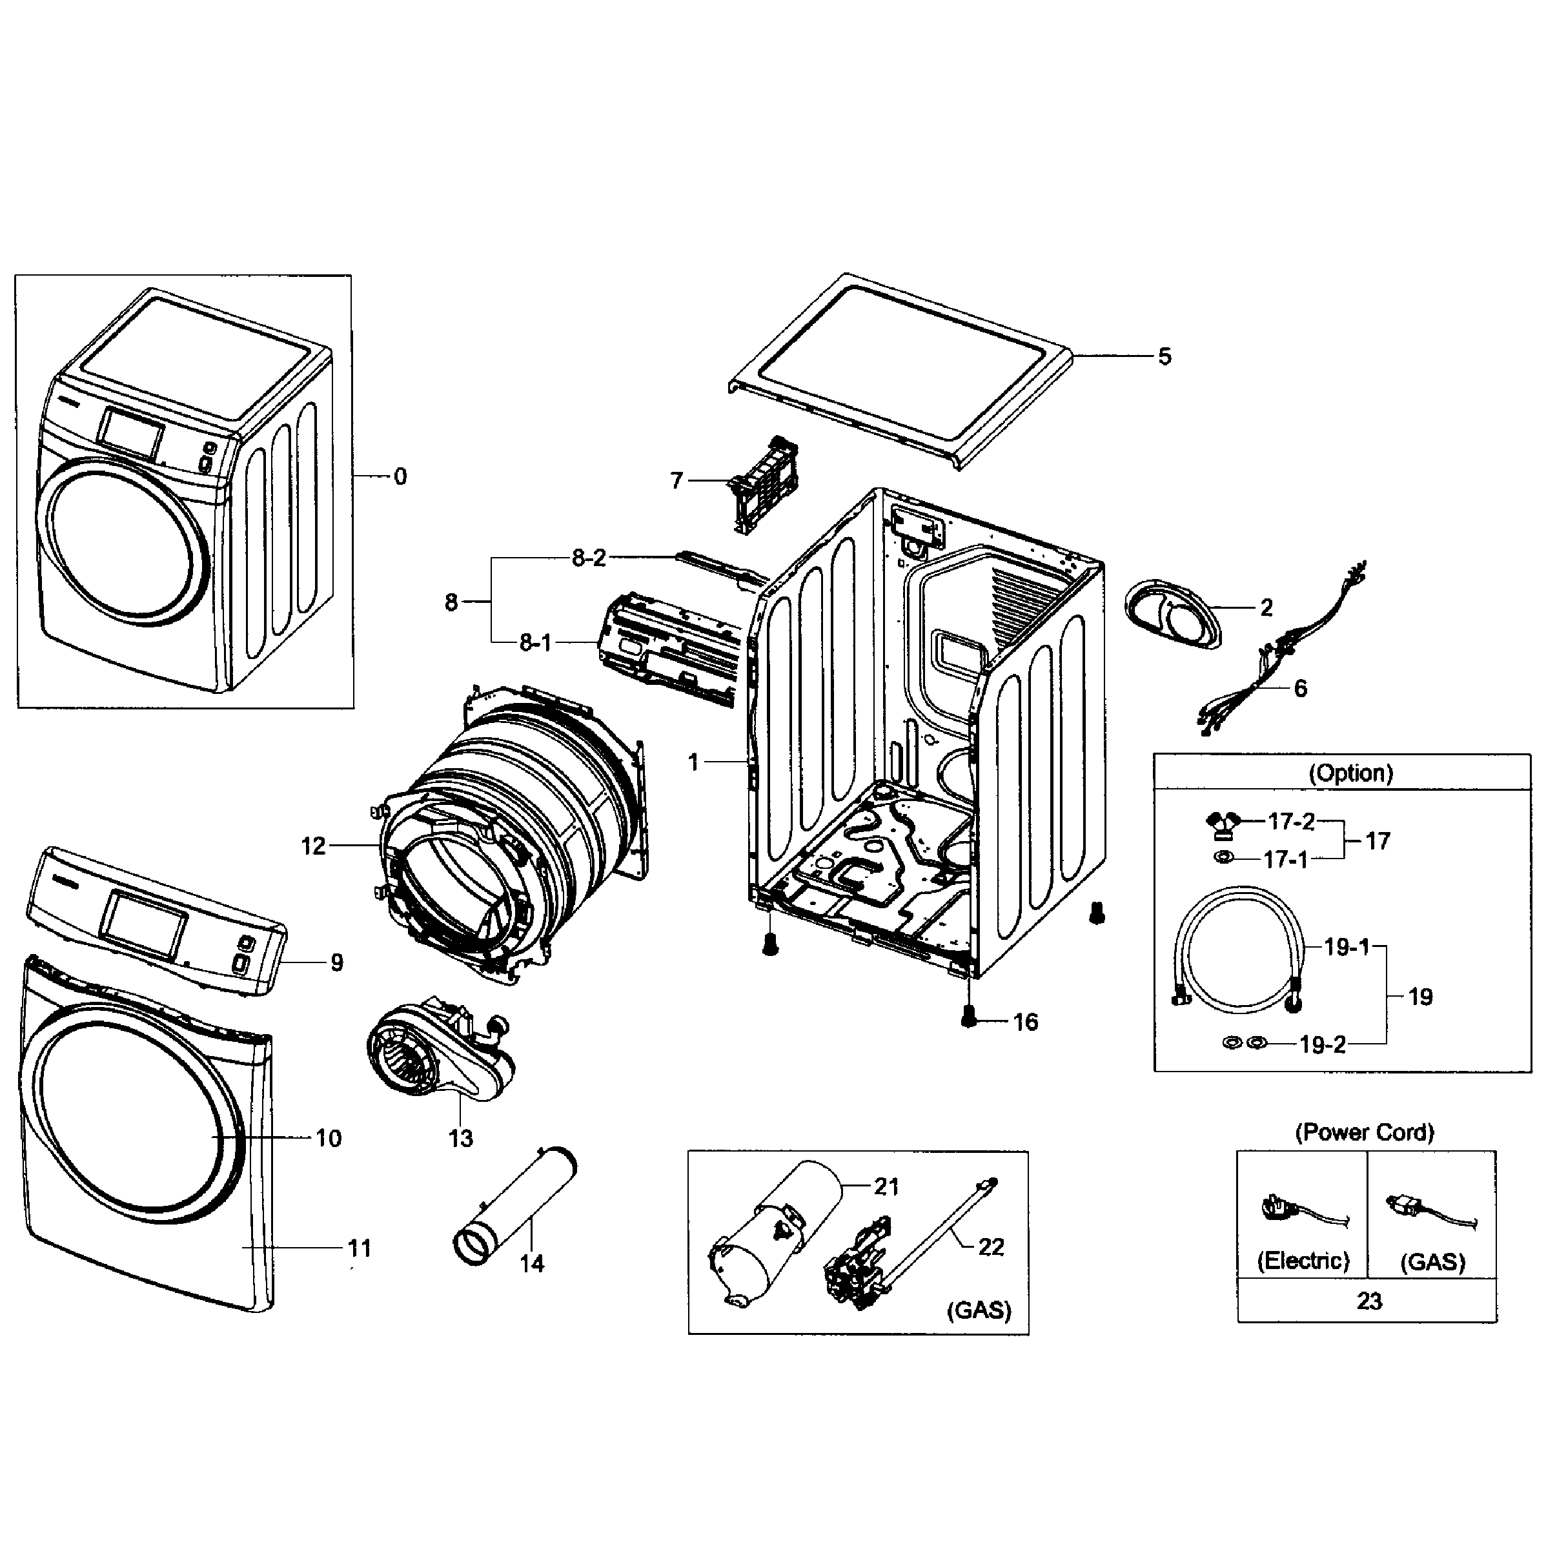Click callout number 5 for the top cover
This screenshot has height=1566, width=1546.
tap(1163, 357)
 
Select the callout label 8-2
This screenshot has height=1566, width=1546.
tap(589, 558)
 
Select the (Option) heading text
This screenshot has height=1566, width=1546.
tap(1350, 773)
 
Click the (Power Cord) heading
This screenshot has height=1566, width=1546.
tap(1365, 1132)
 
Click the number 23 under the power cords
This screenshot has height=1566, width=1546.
tap(1368, 1301)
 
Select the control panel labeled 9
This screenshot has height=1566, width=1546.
tap(154, 920)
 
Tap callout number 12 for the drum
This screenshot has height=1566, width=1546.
tap(313, 846)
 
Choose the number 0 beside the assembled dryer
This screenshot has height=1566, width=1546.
tap(400, 476)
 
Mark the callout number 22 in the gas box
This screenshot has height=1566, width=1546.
tap(991, 1246)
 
